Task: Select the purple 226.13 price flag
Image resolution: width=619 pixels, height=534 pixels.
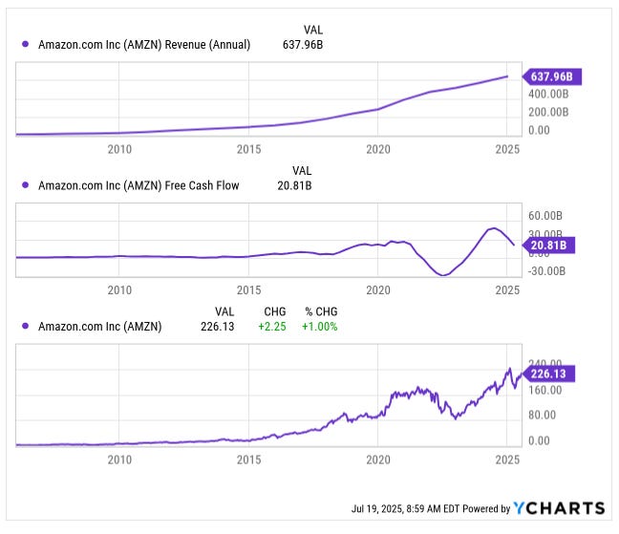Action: click(x=548, y=374)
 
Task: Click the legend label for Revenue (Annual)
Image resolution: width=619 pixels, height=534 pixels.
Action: click(x=144, y=44)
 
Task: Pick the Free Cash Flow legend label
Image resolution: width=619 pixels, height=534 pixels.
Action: click(x=139, y=185)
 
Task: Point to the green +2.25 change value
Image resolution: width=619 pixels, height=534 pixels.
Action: click(x=273, y=326)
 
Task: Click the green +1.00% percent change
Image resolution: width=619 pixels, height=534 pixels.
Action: click(x=320, y=326)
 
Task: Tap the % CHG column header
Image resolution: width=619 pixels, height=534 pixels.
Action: click(x=320, y=311)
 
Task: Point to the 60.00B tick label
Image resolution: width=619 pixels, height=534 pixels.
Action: click(x=549, y=216)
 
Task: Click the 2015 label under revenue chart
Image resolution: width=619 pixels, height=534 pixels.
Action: click(x=248, y=149)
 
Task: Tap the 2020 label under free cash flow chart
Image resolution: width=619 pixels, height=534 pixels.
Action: click(x=378, y=289)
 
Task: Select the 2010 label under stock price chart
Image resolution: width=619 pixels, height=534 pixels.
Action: click(x=118, y=459)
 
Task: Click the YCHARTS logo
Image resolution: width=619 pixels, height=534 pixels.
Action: click(x=559, y=507)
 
